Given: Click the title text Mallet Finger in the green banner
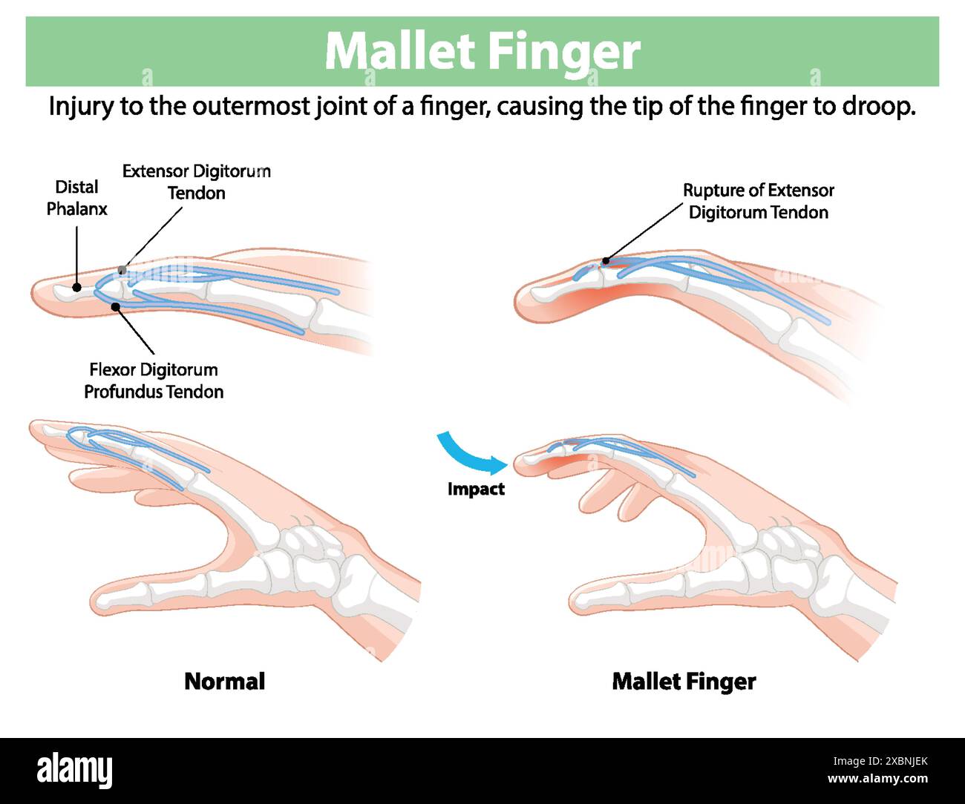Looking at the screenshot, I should [x=482, y=51].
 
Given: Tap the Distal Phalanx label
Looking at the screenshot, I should [x=76, y=198].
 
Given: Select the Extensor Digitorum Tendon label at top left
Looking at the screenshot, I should [x=196, y=182].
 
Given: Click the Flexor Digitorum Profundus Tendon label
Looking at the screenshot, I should [x=154, y=380].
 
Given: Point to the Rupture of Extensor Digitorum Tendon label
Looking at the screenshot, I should [x=758, y=201].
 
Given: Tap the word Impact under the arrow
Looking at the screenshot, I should [x=476, y=490].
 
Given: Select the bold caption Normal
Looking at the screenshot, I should [x=224, y=681].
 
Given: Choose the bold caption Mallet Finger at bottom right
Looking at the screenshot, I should [x=684, y=681].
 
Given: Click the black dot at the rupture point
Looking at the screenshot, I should [x=606, y=260].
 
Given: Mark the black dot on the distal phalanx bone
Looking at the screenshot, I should [x=76, y=287].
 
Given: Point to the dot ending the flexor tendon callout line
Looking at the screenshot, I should [x=115, y=306].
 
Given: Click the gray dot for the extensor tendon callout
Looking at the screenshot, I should [x=122, y=270].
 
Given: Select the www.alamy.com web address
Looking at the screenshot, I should [x=877, y=780].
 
